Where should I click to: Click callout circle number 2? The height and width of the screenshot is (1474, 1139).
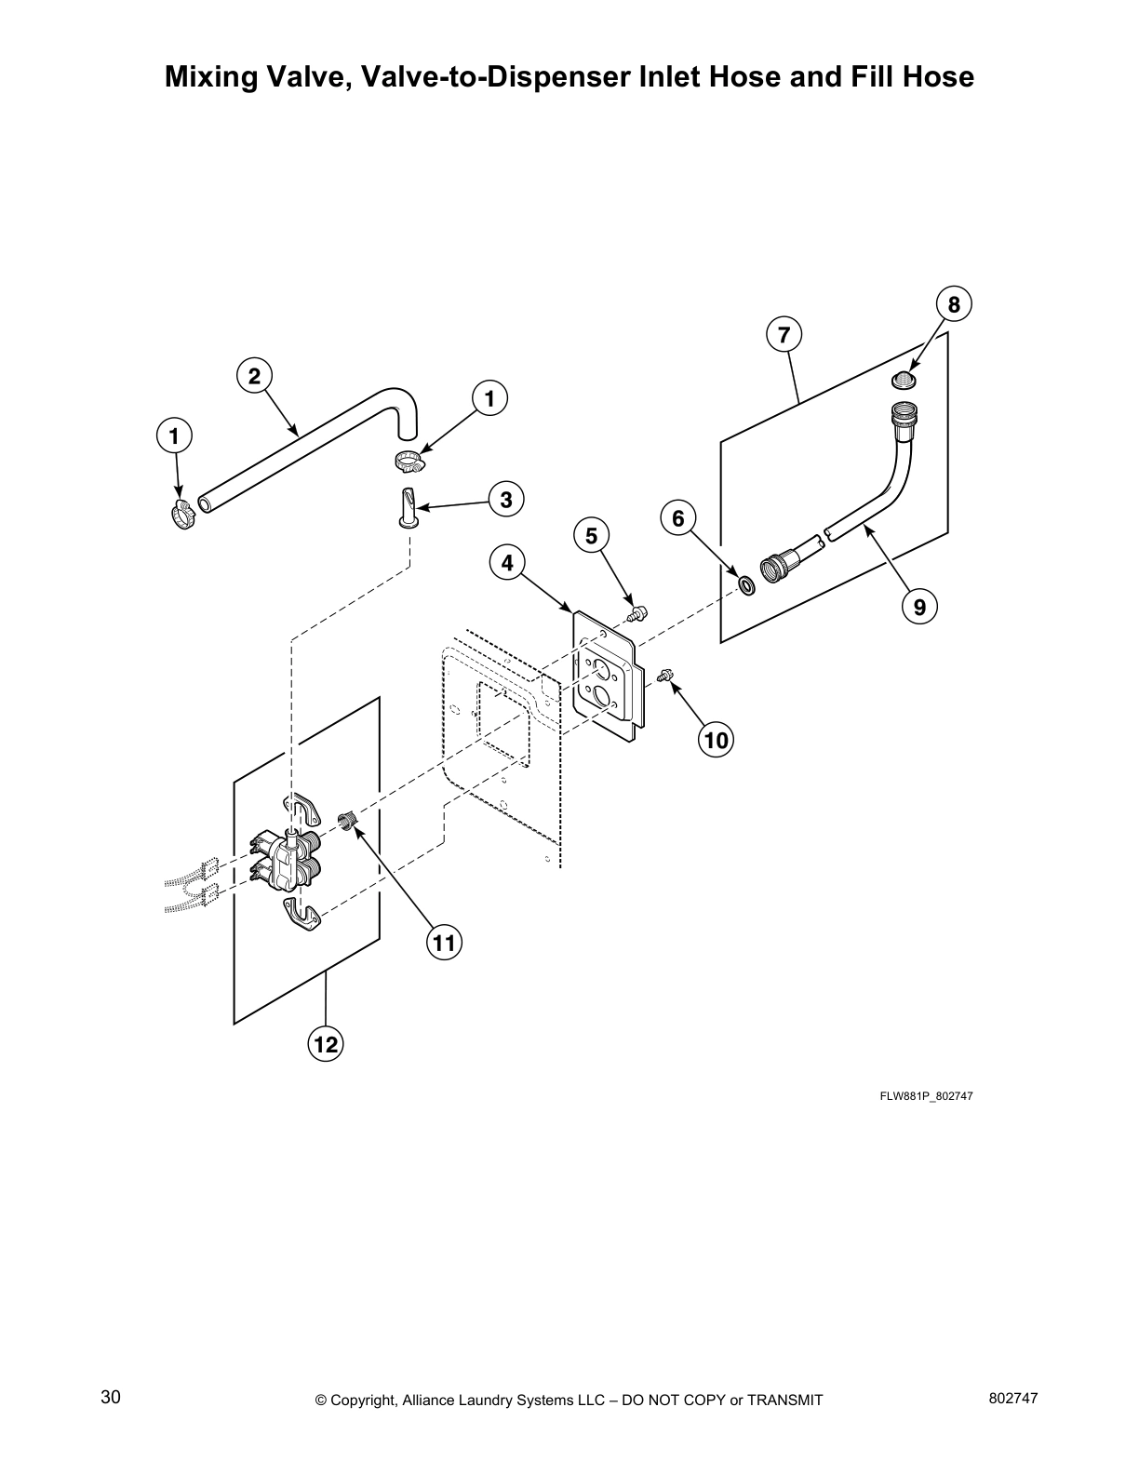coord(254,376)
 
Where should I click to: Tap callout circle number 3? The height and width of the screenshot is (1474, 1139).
coord(505,500)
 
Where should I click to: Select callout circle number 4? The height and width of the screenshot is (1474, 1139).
coord(507,563)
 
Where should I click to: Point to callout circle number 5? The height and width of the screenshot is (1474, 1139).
coord(591,536)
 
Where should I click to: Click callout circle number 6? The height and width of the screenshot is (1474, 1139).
coord(677,518)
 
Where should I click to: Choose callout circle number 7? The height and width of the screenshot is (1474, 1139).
coord(784,333)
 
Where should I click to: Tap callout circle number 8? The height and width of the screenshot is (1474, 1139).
coord(954,304)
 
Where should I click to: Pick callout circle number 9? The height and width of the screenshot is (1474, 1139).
coord(919,607)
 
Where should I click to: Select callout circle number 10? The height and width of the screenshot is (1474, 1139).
coord(716,740)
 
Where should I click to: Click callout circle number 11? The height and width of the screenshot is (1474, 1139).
coord(444,944)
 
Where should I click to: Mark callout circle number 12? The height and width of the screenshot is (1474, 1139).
coord(326,1044)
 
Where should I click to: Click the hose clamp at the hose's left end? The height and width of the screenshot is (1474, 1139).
coord(183,512)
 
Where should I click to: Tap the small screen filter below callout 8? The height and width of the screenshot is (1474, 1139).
coord(904,380)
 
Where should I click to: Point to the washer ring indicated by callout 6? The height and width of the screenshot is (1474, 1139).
coord(746,585)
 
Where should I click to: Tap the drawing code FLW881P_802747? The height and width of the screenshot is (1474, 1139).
coord(926,1096)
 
